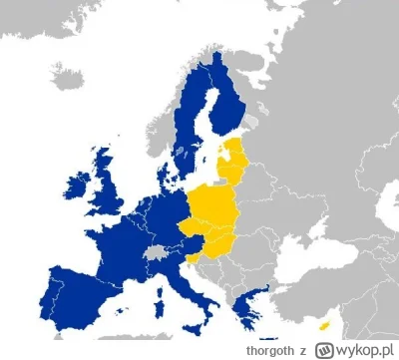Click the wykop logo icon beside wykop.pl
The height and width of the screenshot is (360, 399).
click(322, 349)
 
